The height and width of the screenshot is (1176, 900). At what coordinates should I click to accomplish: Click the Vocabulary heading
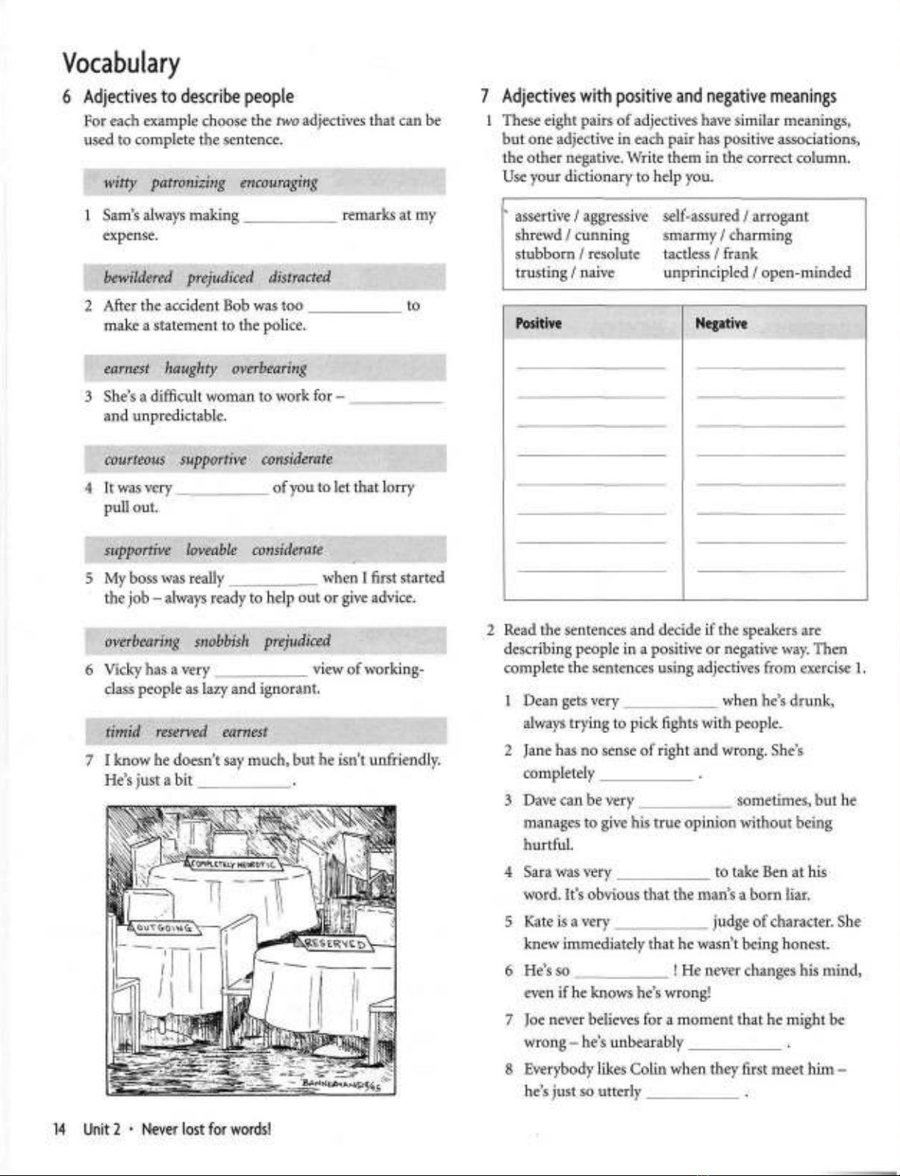tap(121, 63)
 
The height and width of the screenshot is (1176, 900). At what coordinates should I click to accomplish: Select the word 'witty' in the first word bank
tap(120, 183)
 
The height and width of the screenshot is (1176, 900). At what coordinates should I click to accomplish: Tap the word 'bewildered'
tap(138, 277)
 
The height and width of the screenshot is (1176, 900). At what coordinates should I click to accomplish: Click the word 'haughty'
tap(190, 368)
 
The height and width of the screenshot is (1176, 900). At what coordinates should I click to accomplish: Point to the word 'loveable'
tap(211, 550)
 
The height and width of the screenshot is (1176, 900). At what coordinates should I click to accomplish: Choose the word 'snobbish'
tap(222, 641)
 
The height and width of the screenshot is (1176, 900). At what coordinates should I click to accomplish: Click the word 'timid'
tap(122, 732)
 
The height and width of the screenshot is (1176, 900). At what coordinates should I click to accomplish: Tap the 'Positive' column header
tap(538, 324)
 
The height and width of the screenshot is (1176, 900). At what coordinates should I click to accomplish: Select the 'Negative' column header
tap(721, 324)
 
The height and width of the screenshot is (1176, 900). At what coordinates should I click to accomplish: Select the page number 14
tap(59, 1129)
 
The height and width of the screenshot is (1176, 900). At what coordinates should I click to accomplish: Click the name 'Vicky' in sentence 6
tap(122, 670)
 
